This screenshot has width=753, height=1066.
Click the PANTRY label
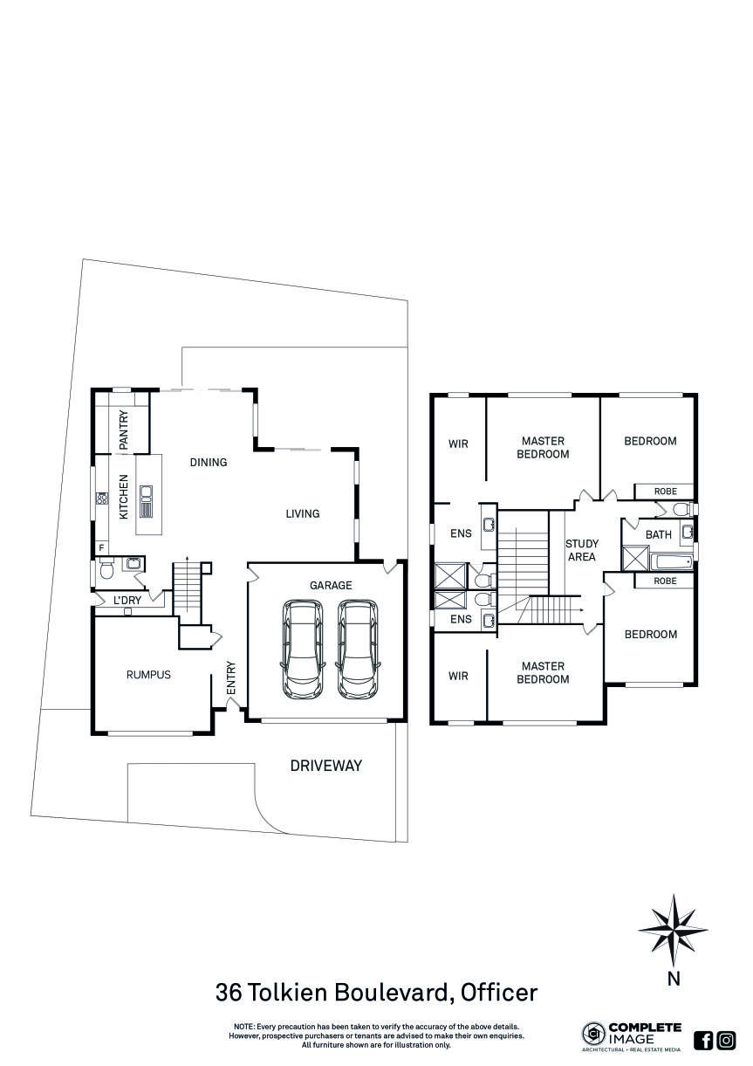coord(124,430)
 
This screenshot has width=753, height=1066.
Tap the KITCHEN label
coord(124,497)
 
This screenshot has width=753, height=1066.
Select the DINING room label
coord(209,462)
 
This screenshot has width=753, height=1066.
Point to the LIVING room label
coord(302,513)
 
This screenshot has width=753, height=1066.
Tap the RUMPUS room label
coord(148,674)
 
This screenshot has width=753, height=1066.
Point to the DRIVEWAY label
coord(325,766)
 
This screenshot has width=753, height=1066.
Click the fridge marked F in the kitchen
coord(101,547)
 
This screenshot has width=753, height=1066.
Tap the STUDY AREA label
coord(581,550)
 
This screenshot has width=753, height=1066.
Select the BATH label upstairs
coord(659,534)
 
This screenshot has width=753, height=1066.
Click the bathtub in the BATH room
coord(671,561)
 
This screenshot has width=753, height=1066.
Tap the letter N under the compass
coord(673,979)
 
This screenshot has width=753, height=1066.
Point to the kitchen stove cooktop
coord(101,499)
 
